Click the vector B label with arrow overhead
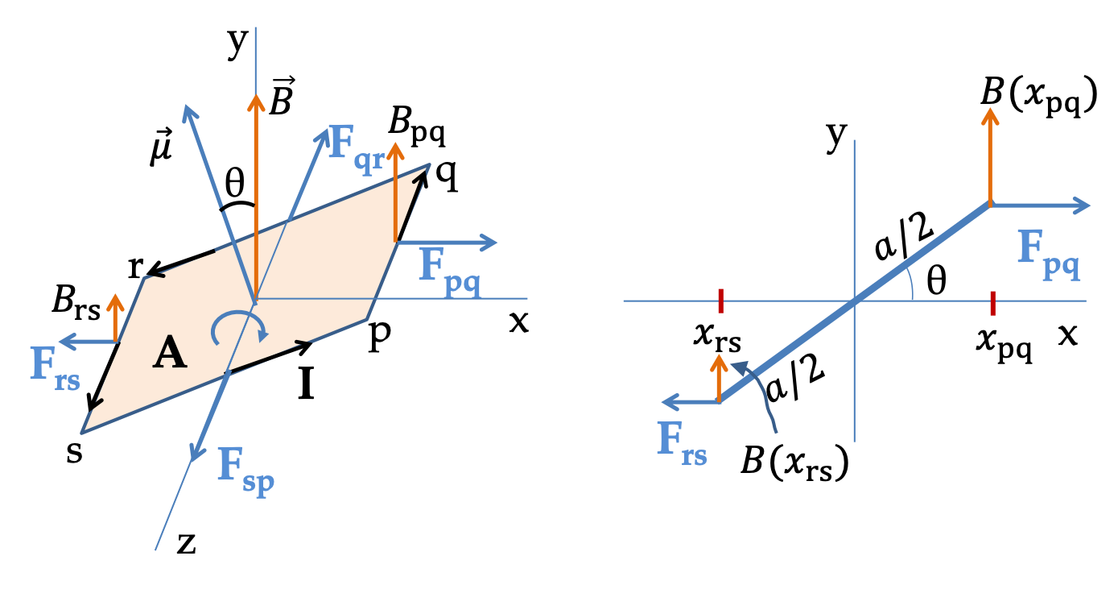coord(282,96)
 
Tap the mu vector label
coord(161,147)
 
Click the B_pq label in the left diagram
coord(417,128)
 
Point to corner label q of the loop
coord(446,176)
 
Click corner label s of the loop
coord(74,452)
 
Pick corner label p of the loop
coord(380,336)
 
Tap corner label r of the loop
coord(135,268)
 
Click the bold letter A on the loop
coord(170,352)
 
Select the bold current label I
coord(306,383)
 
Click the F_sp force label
coord(246,471)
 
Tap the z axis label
coord(186,544)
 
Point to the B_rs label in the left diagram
coord(76,303)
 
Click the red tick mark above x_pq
coord(992,303)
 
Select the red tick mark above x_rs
coord(720,301)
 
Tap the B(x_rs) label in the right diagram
coord(794,462)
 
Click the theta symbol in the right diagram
coord(936,280)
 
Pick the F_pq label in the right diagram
coord(1049,255)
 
